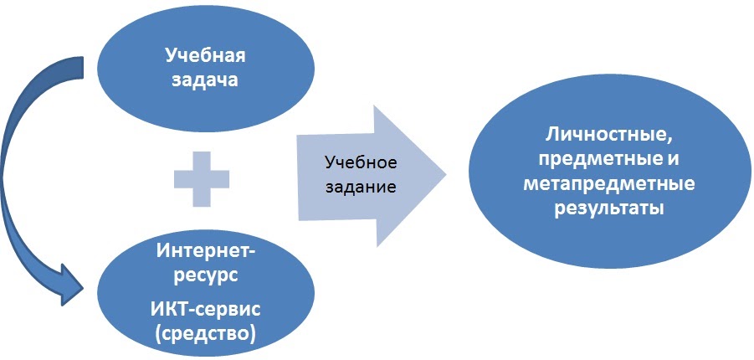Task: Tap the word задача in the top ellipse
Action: point(205,81)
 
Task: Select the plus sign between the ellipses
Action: point(202,177)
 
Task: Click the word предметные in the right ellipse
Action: point(593,158)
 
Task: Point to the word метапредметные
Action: point(609,183)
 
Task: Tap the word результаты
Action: point(609,208)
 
